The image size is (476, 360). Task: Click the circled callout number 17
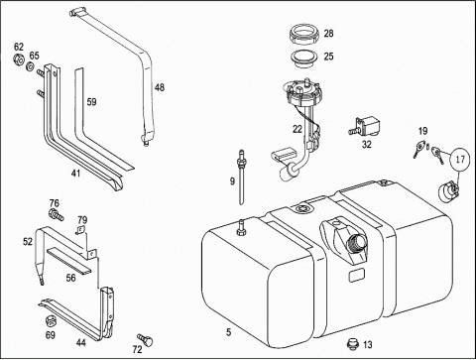coord(460,160)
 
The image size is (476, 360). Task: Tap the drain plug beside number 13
coord(353,344)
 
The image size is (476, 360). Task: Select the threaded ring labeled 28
coord(304,35)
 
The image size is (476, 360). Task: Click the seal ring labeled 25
coord(303,59)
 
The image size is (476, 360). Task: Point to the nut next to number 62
coord(19,60)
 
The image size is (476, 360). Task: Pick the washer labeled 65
coord(30,66)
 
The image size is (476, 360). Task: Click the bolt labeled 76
coord(56,215)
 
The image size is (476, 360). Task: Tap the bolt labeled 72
coord(145,339)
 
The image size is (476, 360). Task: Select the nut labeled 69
coord(50,320)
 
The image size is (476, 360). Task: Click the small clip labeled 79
coord(80,231)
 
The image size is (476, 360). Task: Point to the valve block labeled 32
coord(365,126)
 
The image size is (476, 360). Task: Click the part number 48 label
coord(160,87)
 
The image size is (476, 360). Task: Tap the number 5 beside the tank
coord(228,332)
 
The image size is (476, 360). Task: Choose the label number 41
coord(75,173)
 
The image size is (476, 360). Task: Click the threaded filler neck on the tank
coord(355,245)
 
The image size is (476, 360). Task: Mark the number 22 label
coord(297,129)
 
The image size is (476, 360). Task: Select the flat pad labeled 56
coord(68,261)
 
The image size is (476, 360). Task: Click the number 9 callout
coord(232,181)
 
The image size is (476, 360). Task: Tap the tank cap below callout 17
coord(448,191)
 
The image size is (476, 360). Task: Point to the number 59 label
coord(91,102)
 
